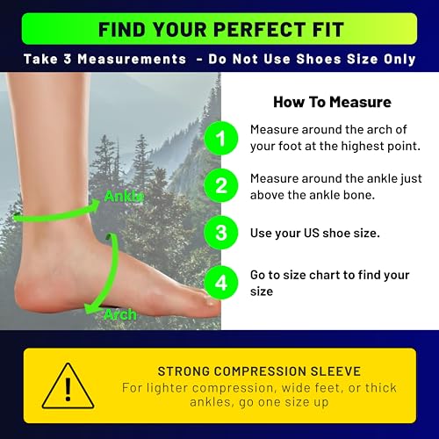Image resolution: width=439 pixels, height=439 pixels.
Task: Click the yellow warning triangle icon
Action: click(x=68, y=385)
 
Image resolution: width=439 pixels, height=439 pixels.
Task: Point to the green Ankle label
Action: click(x=124, y=196)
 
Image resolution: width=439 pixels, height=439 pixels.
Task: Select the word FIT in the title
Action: click(x=323, y=28)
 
